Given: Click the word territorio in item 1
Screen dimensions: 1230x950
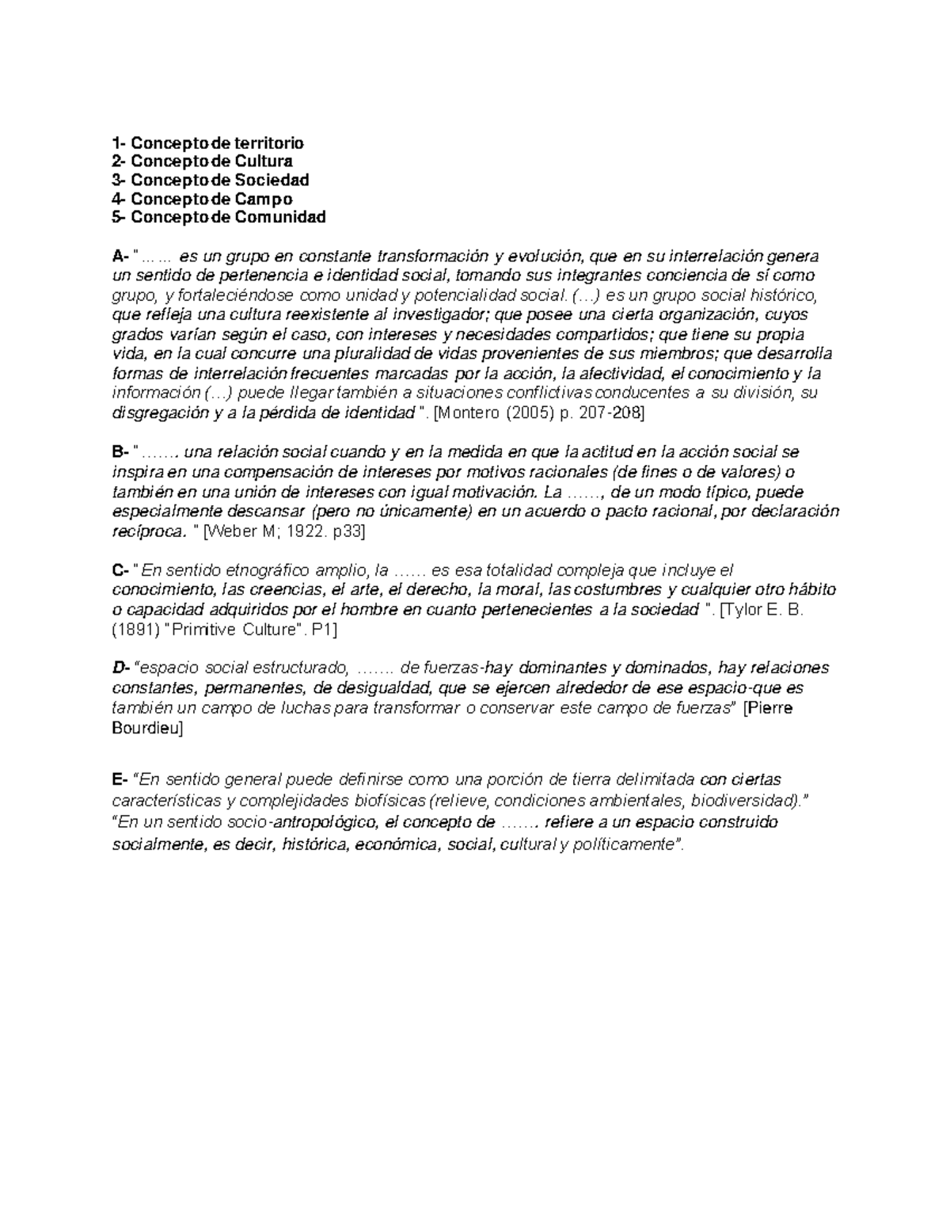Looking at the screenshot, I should [268, 143].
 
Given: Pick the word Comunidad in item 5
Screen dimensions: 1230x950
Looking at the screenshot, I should [279, 216].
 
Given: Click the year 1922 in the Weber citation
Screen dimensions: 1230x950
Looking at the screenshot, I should [298, 532].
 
